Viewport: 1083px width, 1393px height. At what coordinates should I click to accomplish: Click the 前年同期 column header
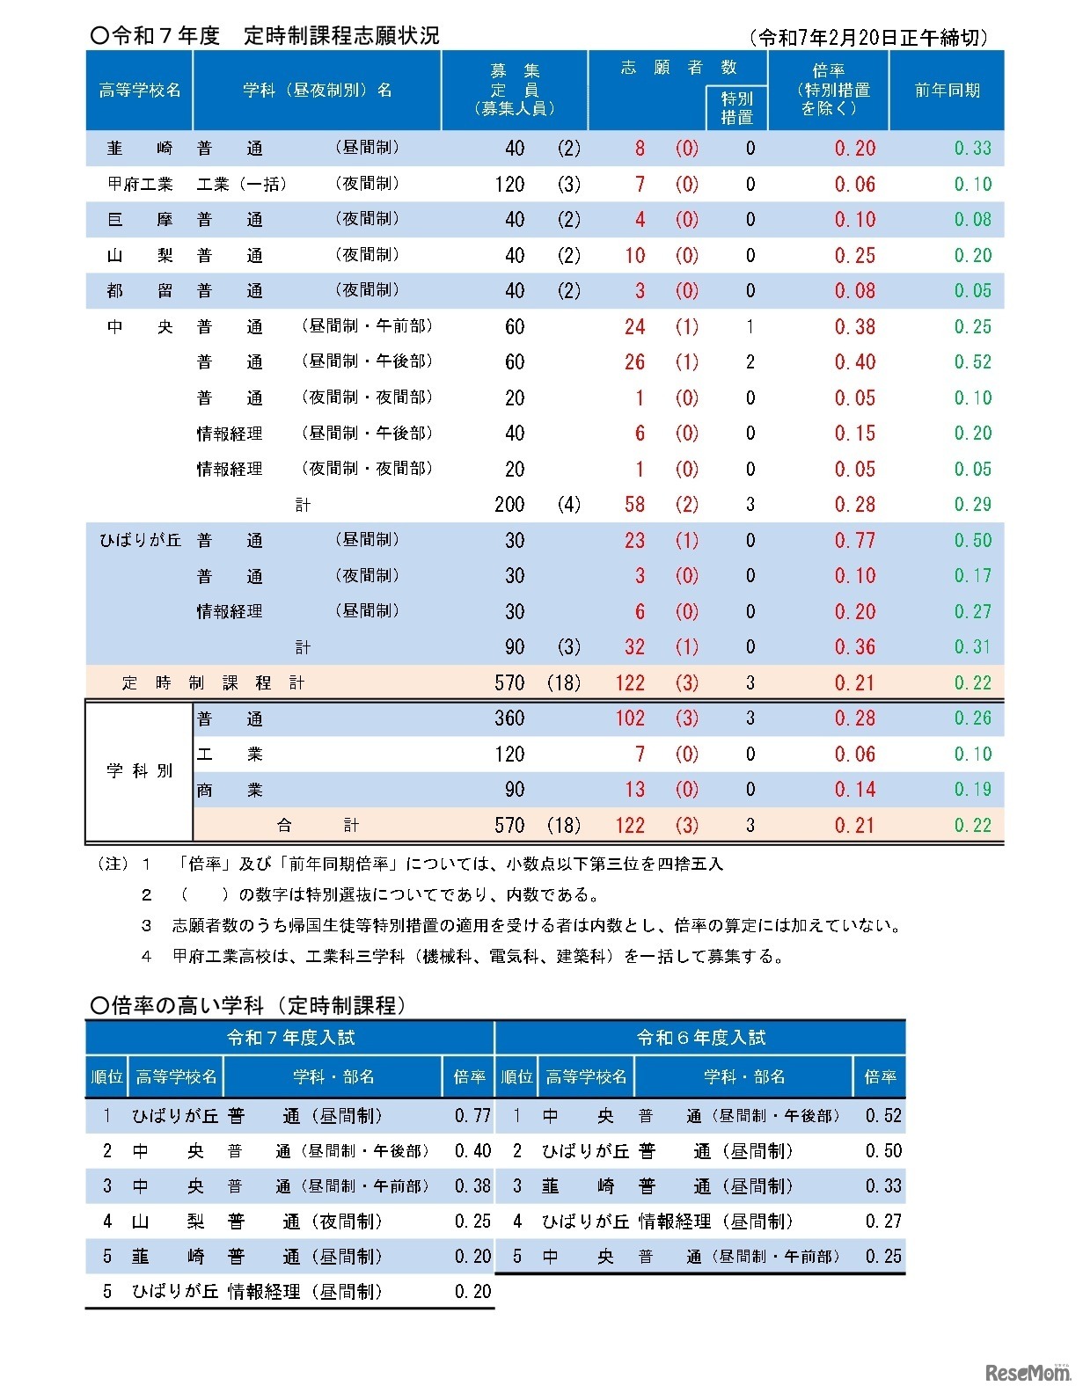coord(947,91)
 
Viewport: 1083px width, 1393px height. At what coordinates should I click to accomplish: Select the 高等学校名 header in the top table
coord(140,91)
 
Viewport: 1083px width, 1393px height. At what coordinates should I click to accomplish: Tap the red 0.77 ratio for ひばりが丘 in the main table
coord(854,540)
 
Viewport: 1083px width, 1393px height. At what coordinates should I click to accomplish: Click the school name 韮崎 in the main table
coord(140,149)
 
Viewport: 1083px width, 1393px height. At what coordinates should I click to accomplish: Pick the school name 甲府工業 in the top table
coord(140,185)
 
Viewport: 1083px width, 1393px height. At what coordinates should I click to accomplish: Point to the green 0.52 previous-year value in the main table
coord(972,362)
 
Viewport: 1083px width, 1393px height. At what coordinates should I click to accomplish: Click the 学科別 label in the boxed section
coord(140,771)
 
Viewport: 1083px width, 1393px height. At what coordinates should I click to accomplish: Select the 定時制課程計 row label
coord(214,683)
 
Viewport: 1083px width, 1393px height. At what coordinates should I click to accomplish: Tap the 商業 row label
coord(230,790)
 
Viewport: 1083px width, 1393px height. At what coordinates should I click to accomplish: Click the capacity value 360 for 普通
coord(509,718)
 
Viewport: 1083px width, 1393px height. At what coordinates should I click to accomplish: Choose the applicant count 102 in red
coord(630,718)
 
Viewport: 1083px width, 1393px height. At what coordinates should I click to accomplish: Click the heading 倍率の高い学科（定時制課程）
coord(248,1005)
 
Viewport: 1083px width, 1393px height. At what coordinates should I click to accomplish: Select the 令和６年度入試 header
coord(700,1038)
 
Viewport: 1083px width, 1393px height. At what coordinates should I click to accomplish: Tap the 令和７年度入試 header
coord(290,1038)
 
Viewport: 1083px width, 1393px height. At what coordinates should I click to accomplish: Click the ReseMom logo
coord(1026,1373)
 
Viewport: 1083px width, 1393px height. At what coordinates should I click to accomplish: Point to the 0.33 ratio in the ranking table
coord(882,1186)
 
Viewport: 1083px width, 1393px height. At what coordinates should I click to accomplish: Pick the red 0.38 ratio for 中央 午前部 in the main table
coord(854,327)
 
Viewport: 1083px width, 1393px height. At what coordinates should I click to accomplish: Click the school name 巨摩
coord(140,220)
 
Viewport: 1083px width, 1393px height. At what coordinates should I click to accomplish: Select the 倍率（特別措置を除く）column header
coord(828,91)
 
